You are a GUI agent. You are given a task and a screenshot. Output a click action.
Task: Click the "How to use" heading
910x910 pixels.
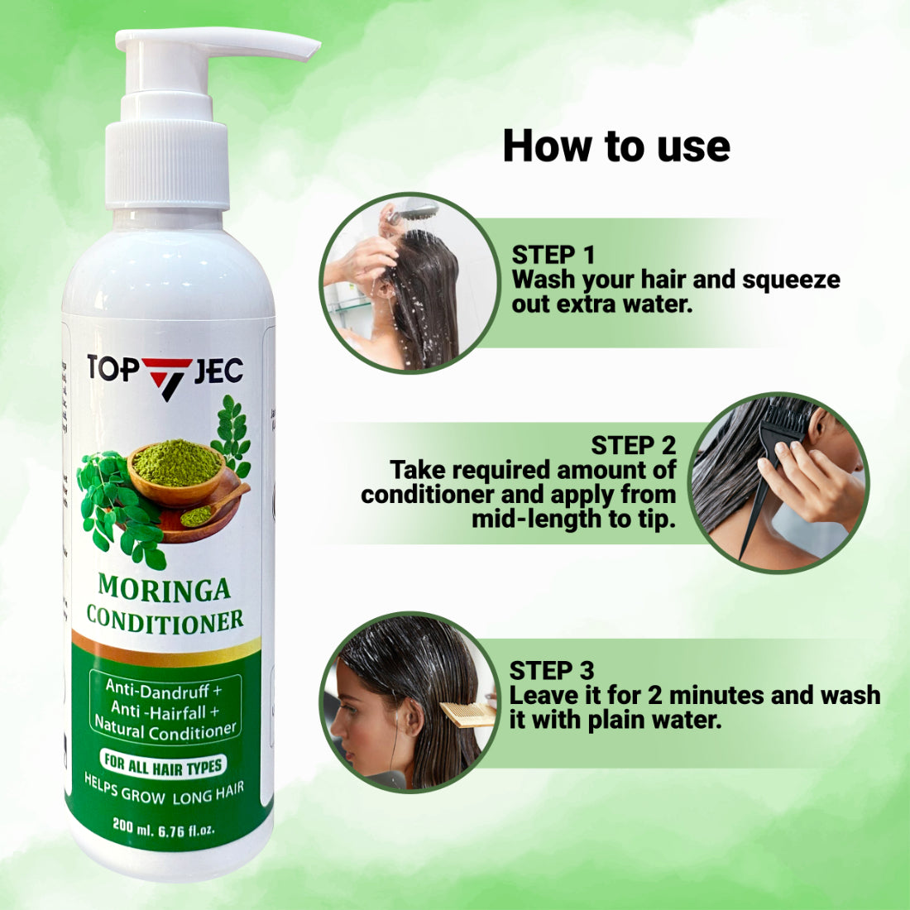616,146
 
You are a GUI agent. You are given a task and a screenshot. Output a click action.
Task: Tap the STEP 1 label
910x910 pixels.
553,255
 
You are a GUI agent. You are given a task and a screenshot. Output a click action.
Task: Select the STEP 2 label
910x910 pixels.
633,445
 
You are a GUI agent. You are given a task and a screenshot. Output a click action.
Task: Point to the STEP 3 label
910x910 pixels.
551,670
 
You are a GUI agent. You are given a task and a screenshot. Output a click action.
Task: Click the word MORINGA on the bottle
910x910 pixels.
164,588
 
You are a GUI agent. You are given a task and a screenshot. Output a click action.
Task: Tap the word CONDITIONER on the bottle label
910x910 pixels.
165,620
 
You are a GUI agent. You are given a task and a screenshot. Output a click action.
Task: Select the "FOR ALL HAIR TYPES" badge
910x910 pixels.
163,765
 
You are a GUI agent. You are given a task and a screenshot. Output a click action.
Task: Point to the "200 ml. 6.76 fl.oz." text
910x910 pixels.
164,827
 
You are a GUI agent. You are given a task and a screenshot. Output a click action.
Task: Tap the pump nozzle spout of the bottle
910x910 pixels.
273,43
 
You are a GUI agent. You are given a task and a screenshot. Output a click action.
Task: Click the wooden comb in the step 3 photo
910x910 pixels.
467,713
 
